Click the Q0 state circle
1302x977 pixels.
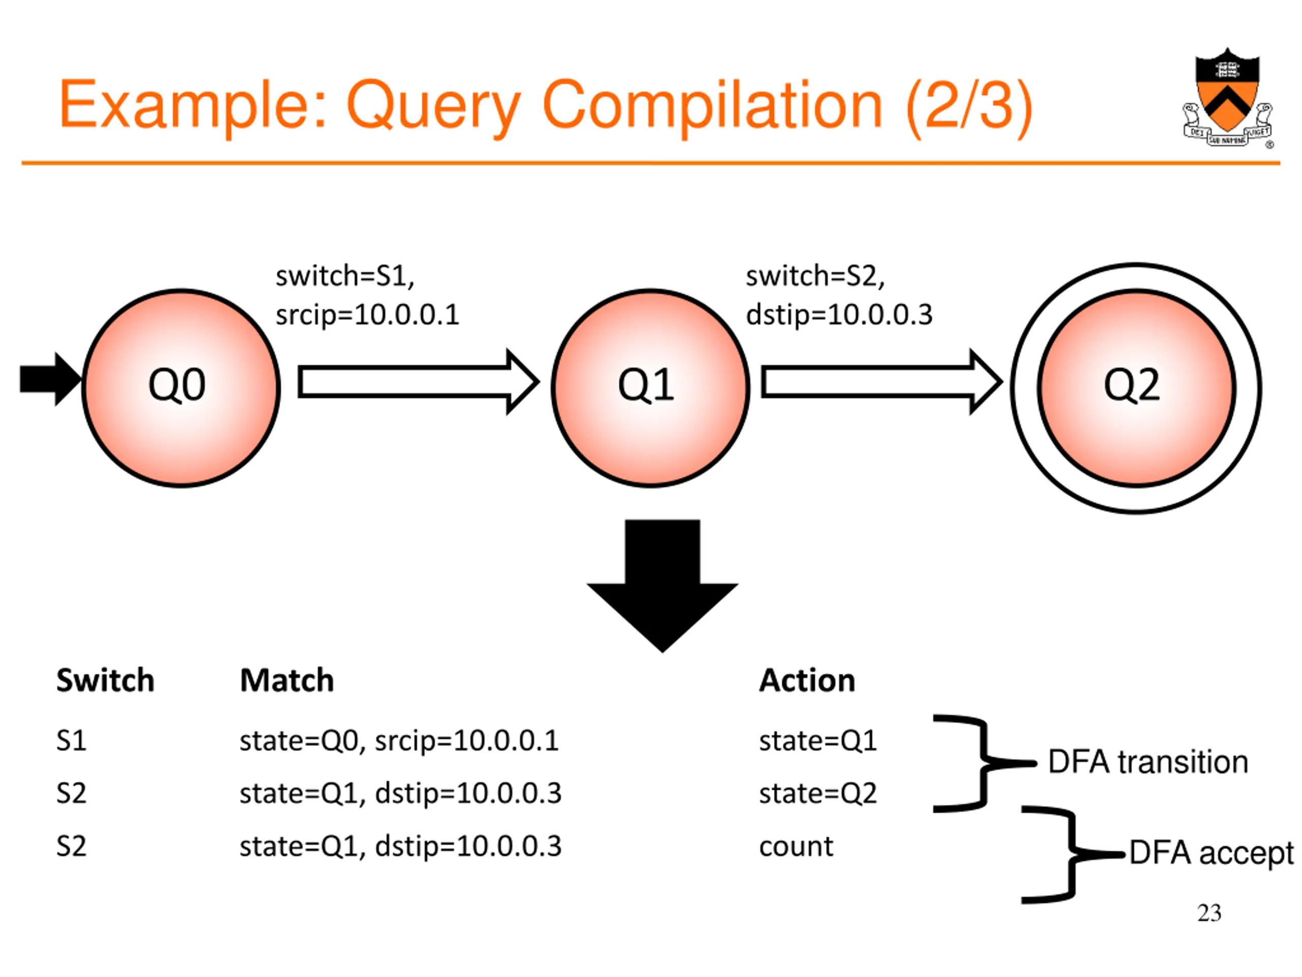[x=181, y=388]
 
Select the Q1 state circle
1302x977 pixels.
[x=650, y=388]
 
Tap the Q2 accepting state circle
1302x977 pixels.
[x=1136, y=388]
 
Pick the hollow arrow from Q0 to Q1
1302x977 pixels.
[x=418, y=382]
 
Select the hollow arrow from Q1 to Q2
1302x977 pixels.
[x=882, y=382]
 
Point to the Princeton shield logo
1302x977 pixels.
[x=1227, y=98]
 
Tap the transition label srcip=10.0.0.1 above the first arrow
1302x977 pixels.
[x=367, y=314]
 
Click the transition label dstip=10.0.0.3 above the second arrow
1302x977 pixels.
[x=839, y=314]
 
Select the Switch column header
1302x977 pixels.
[x=105, y=680]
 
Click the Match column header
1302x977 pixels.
[x=287, y=680]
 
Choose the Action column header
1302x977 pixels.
[x=807, y=680]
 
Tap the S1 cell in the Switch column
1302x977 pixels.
[x=71, y=740]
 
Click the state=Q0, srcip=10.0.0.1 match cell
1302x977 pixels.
[x=399, y=741]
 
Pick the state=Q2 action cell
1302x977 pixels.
[x=818, y=793]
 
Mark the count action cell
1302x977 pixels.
[x=796, y=847]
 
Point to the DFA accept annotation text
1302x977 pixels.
[x=1211, y=853]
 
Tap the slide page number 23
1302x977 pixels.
[x=1209, y=913]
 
